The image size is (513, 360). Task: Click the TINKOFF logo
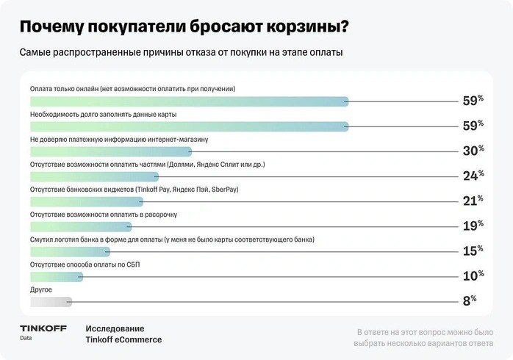41,328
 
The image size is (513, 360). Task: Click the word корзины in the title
309,27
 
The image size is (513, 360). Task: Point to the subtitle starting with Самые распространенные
181,53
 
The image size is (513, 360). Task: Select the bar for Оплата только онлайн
188,101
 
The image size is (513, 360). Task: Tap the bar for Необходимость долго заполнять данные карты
188,127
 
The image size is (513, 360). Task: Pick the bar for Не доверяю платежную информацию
110,151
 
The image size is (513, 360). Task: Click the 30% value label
472,151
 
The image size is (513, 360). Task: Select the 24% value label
472,176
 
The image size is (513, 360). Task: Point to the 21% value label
472,201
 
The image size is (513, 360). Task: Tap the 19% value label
472,226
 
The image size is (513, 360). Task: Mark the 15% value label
472,251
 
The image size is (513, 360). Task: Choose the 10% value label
472,276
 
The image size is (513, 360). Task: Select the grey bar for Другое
51,300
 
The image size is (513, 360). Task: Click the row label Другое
40,289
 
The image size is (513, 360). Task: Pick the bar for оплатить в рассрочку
80,226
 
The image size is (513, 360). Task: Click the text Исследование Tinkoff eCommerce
123,334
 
